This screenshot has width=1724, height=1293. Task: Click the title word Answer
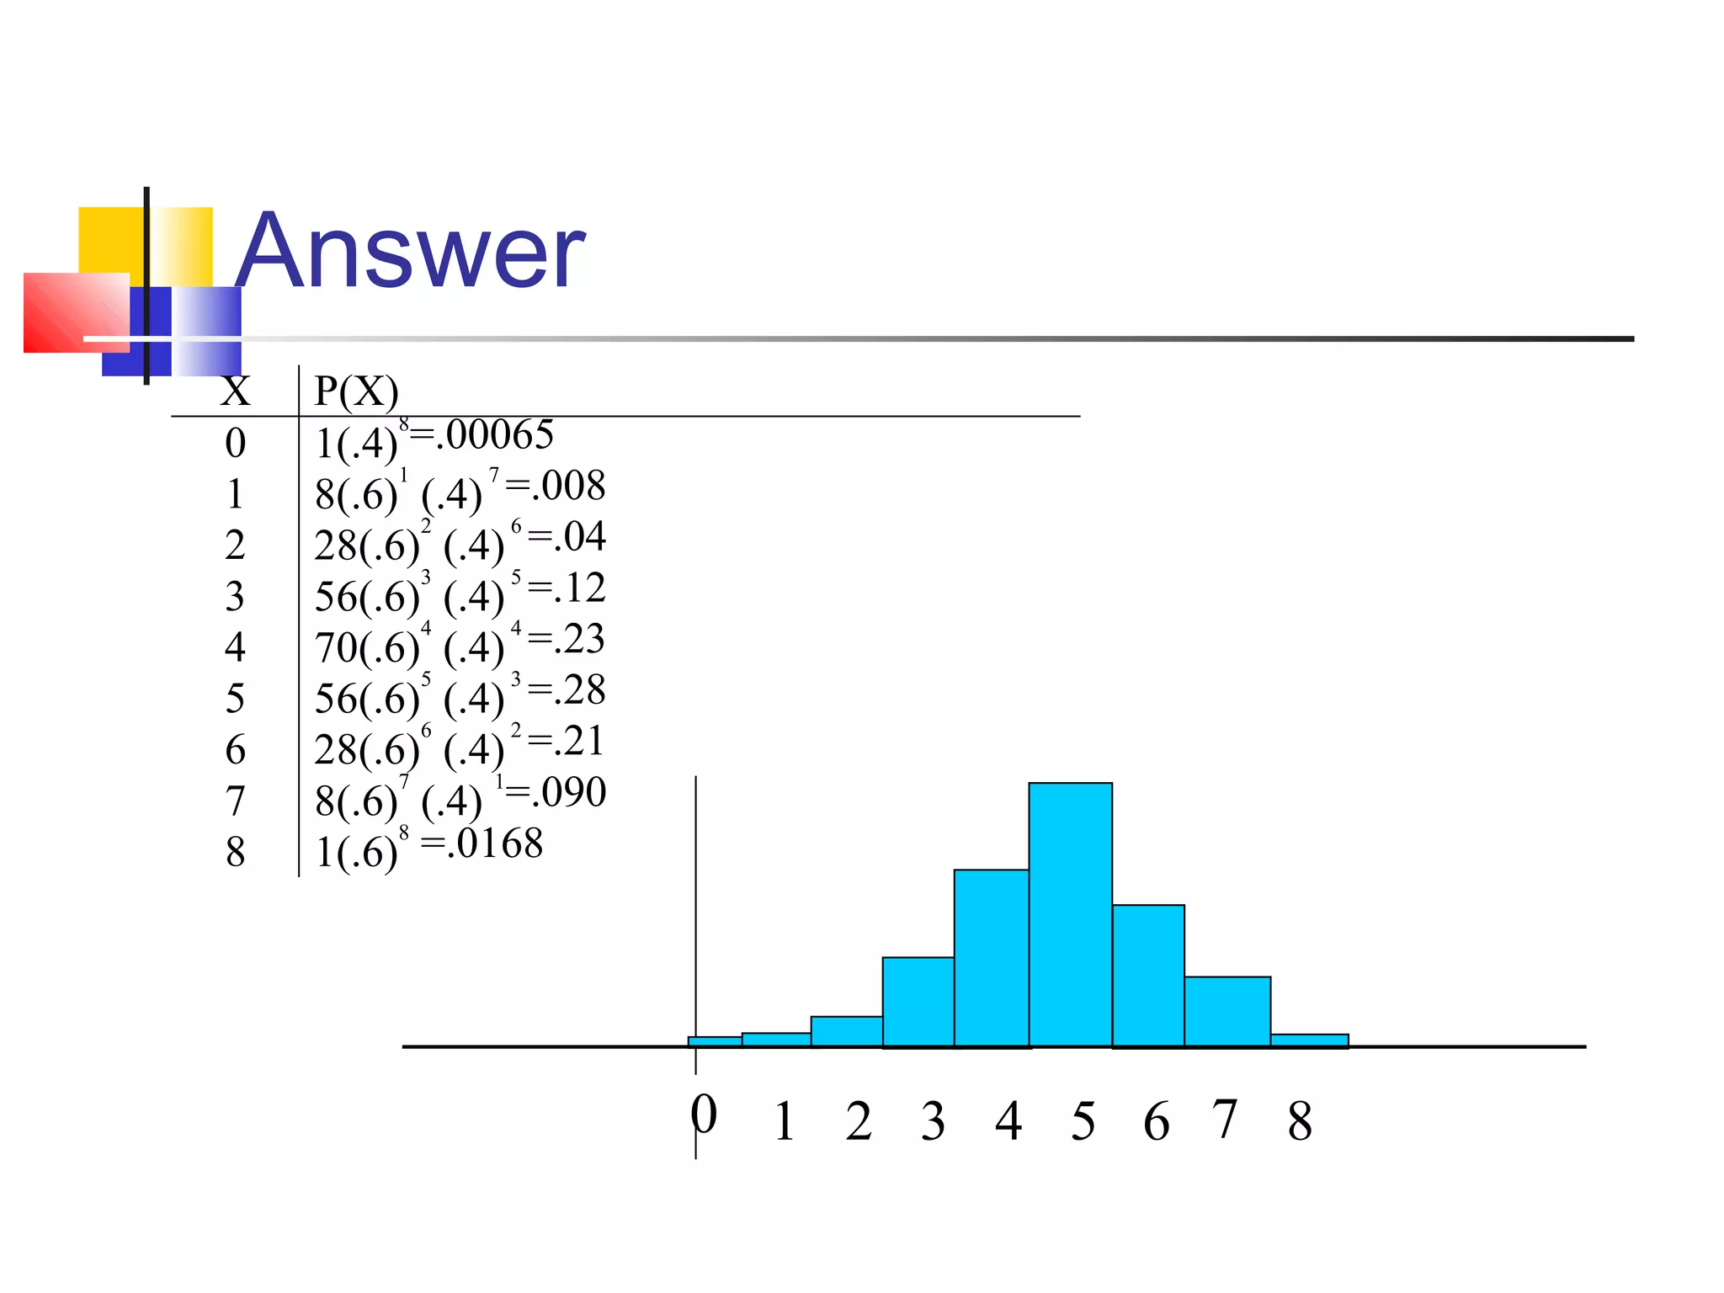pos(410,251)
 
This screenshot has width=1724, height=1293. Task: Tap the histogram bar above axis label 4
pos(991,958)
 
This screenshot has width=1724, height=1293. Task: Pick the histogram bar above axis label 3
pos(918,1002)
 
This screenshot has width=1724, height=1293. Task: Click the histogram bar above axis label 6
pos(1147,976)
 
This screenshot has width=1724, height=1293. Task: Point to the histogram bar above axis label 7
pos(1226,1011)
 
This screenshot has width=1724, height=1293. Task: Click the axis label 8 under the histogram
pos(1300,1121)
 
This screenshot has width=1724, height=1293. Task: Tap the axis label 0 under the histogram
pos(704,1115)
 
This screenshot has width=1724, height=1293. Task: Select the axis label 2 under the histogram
pos(859,1121)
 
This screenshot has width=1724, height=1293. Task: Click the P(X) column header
pos(356,391)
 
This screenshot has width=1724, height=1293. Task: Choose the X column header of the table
pos(235,391)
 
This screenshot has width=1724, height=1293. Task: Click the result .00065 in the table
pos(499,435)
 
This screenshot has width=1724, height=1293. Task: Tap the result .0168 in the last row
pos(495,843)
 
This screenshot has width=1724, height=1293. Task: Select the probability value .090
pos(572,792)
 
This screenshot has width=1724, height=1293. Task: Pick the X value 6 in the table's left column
pos(235,750)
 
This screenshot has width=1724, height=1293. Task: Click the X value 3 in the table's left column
pos(235,597)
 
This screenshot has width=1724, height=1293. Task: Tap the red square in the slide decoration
pos(76,312)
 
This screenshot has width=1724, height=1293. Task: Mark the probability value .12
pos(580,588)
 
